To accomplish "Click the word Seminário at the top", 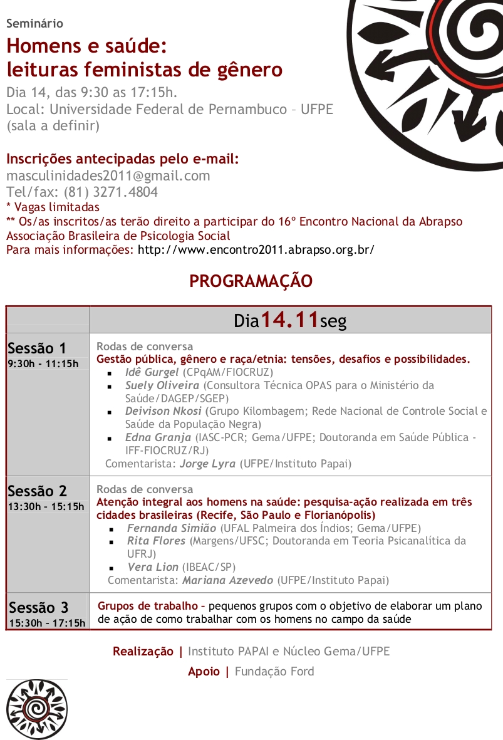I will pos(34,24).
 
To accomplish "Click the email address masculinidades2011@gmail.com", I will pos(108,176).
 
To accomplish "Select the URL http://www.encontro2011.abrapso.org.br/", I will pos(256,249).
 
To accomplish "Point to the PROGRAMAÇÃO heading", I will pos(251,281).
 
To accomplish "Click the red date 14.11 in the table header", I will pos(289,320).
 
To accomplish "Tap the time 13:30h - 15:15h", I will pos(46,506).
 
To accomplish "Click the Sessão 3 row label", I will pos(39,607).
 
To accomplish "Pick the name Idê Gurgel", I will pos(152,372).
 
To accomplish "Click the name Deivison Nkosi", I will pos(163,411).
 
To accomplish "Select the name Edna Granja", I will pos(158,437).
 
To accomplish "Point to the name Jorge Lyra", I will pos(208,464).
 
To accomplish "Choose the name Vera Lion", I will pos(153,567).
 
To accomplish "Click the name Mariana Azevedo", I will pos(227,580).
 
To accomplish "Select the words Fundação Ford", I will pos(274,671).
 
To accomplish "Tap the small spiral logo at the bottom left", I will pos(37,709).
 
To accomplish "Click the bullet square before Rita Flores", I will pos(111,542).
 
